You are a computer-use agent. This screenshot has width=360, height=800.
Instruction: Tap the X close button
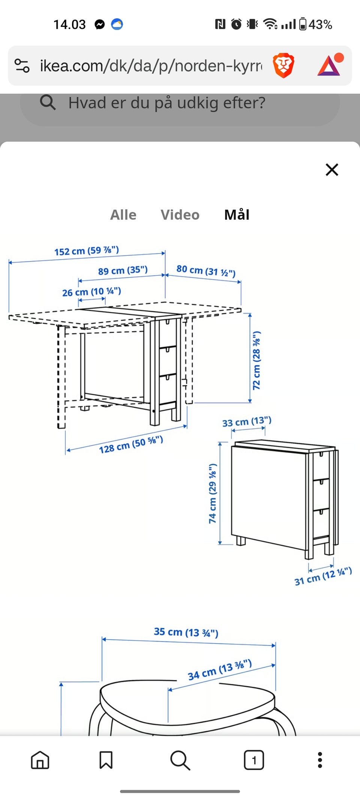pyautogui.click(x=332, y=170)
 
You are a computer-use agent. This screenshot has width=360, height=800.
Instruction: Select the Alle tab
pyautogui.click(x=123, y=215)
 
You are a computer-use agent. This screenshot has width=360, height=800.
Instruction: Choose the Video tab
pyautogui.click(x=180, y=215)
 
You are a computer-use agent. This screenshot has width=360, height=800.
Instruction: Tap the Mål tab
pyautogui.click(x=237, y=215)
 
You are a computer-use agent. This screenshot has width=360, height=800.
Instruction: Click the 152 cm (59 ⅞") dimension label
pyautogui.click(x=87, y=251)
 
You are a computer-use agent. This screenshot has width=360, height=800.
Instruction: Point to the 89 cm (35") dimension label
pyautogui.click(x=123, y=270)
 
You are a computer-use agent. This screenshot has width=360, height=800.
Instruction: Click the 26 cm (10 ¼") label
pyautogui.click(x=91, y=292)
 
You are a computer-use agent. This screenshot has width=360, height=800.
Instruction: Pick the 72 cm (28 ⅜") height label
pyautogui.click(x=256, y=360)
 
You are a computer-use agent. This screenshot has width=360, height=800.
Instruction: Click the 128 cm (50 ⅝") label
pyautogui.click(x=131, y=444)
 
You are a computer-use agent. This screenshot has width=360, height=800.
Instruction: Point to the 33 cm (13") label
pyautogui.click(x=247, y=422)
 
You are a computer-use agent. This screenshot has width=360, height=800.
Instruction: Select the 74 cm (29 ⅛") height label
pyautogui.click(x=213, y=494)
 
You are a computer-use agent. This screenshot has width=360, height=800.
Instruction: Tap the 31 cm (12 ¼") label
pyautogui.click(x=323, y=576)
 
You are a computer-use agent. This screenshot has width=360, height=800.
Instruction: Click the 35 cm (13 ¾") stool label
pyautogui.click(x=186, y=632)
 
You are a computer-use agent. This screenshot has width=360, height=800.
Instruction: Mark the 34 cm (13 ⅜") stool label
pyautogui.click(x=220, y=670)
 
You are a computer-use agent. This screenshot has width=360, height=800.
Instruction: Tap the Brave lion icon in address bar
pyautogui.click(x=283, y=65)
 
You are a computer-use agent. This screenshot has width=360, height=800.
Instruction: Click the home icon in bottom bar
pyautogui.click(x=40, y=760)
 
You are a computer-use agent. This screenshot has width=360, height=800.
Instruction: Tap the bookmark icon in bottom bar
pyautogui.click(x=106, y=760)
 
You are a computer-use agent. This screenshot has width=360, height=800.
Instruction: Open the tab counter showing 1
pyautogui.click(x=254, y=760)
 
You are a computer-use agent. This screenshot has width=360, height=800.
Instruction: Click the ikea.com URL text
pyautogui.click(x=151, y=66)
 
